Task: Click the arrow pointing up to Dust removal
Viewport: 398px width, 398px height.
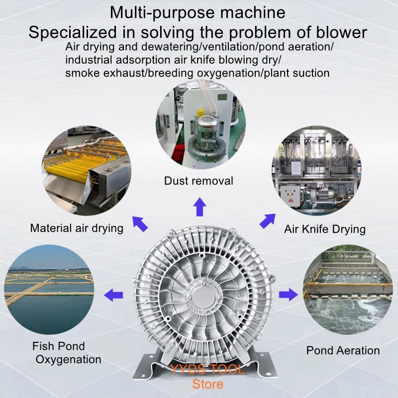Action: tap(199, 206)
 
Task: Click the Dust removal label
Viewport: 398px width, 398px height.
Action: tap(199, 181)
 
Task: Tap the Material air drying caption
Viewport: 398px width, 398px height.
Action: tap(77, 228)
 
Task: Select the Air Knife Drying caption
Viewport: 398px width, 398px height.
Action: tap(325, 229)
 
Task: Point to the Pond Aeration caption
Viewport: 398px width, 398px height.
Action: tap(343, 350)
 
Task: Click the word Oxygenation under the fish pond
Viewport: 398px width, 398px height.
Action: tap(69, 359)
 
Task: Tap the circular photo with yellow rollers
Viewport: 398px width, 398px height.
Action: tap(86, 170)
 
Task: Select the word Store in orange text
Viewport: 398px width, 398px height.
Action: tap(207, 384)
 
